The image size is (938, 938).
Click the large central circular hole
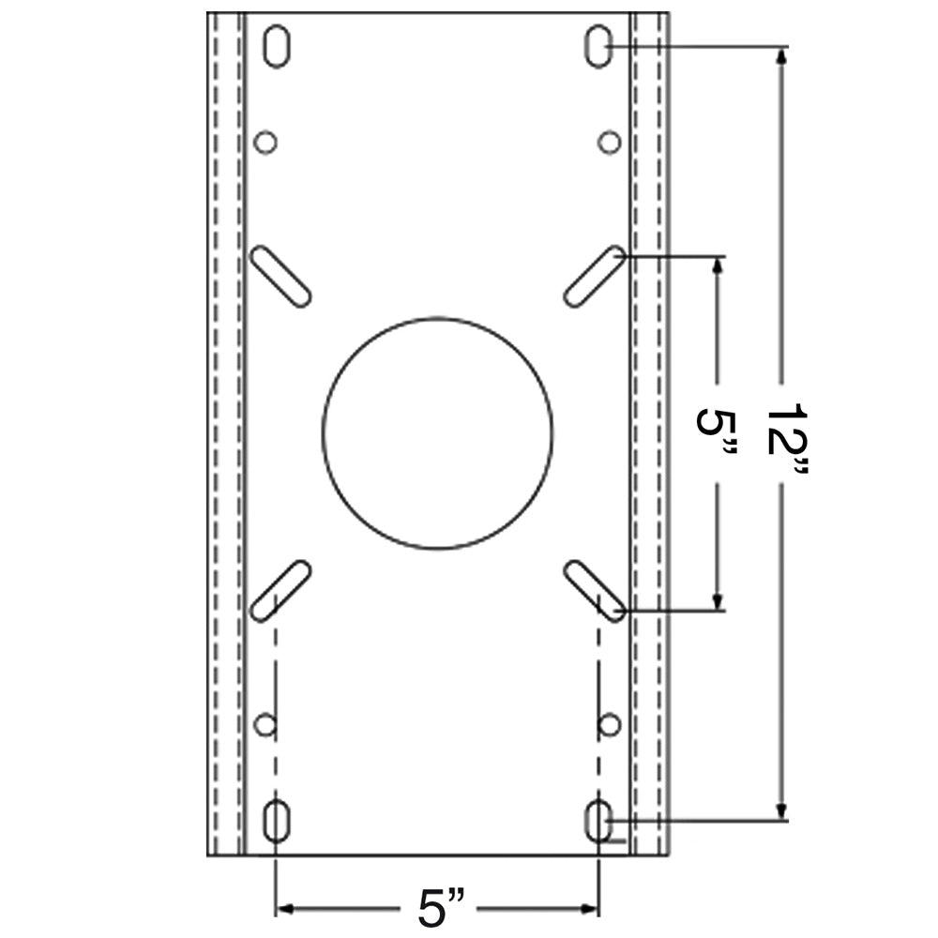click(x=437, y=432)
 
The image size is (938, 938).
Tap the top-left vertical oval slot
click(x=276, y=46)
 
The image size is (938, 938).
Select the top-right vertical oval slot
click(x=598, y=46)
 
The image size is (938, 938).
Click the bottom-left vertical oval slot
click(x=276, y=822)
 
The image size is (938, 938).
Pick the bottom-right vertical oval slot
click(x=598, y=822)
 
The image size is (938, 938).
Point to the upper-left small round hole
click(x=265, y=143)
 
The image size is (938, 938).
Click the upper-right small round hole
click(x=610, y=143)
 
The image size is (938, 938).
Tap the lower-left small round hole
click(x=265, y=724)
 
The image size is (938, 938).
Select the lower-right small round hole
click(x=610, y=724)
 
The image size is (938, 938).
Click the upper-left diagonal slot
click(x=281, y=276)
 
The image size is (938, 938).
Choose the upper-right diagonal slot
click(x=595, y=276)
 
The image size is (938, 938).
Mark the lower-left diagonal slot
click(x=281, y=590)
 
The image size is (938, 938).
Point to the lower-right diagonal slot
click(x=595, y=590)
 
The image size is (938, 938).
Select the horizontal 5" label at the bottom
click(x=440, y=908)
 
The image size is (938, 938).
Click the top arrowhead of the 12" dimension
click(x=780, y=56)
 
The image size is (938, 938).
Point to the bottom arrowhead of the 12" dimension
click(x=780, y=810)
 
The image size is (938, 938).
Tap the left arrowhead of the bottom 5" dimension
click(x=285, y=908)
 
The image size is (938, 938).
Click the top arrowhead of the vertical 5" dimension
click(x=718, y=265)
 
